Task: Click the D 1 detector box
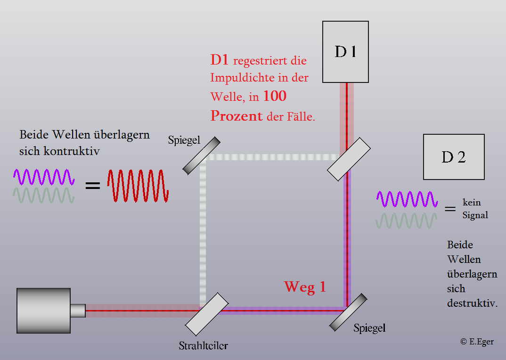(x=345, y=52)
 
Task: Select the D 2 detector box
(x=454, y=157)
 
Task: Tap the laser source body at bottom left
(x=43, y=311)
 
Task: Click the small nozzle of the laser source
(x=78, y=311)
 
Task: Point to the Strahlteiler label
(x=204, y=346)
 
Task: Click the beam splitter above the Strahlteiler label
(x=207, y=314)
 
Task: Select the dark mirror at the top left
(x=201, y=155)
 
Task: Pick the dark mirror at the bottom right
(x=348, y=312)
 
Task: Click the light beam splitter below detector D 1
(x=349, y=159)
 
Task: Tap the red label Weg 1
(x=305, y=286)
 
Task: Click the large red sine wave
(x=138, y=186)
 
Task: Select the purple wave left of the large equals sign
(x=44, y=177)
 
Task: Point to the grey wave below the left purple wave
(x=44, y=196)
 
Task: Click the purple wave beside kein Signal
(x=407, y=199)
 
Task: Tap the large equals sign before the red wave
(x=93, y=185)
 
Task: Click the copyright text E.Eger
(x=477, y=342)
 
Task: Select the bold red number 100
(x=275, y=96)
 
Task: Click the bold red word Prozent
(x=237, y=115)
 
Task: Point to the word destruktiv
(x=473, y=303)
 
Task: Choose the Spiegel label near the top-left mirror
(x=184, y=140)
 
